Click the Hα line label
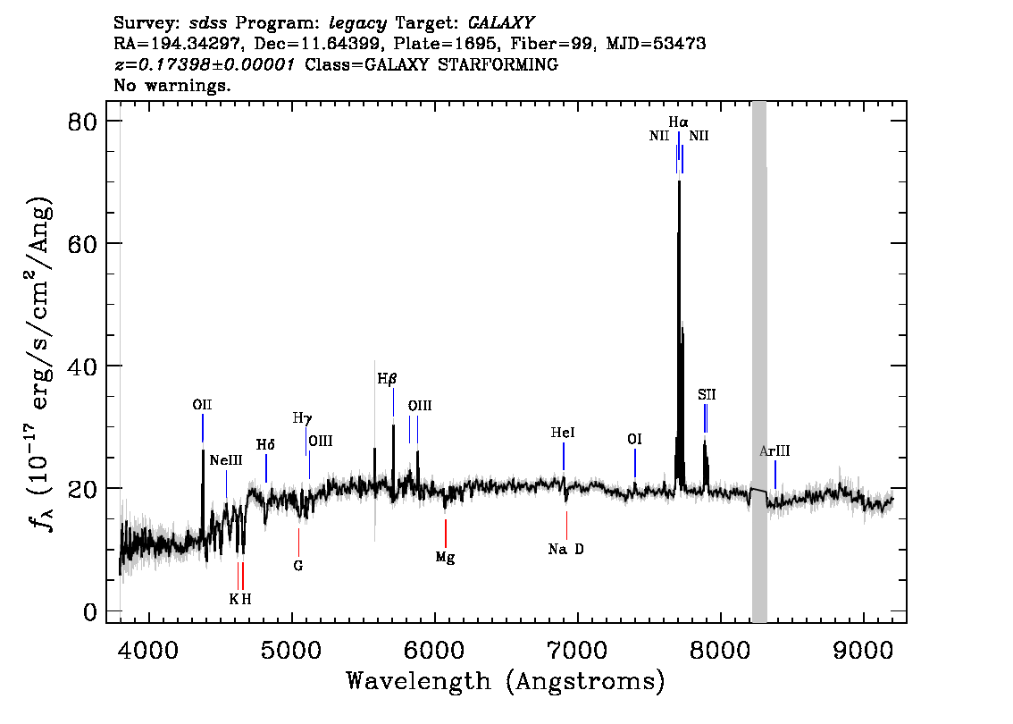tap(678, 122)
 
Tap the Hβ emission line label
tap(386, 379)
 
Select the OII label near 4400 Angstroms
tap(202, 405)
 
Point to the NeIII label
tap(226, 460)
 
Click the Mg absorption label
tap(445, 557)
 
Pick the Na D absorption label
tap(566, 550)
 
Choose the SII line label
tap(707, 394)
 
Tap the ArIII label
tap(774, 451)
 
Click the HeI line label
tap(563, 433)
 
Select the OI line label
tap(634, 440)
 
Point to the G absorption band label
tap(297, 566)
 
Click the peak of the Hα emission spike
tap(679, 181)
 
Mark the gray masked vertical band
tap(759, 362)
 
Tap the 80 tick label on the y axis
tap(83, 122)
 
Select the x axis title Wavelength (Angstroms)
tap(506, 681)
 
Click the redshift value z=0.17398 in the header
tap(205, 64)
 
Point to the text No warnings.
tap(172, 85)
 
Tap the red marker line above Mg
tap(445, 534)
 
